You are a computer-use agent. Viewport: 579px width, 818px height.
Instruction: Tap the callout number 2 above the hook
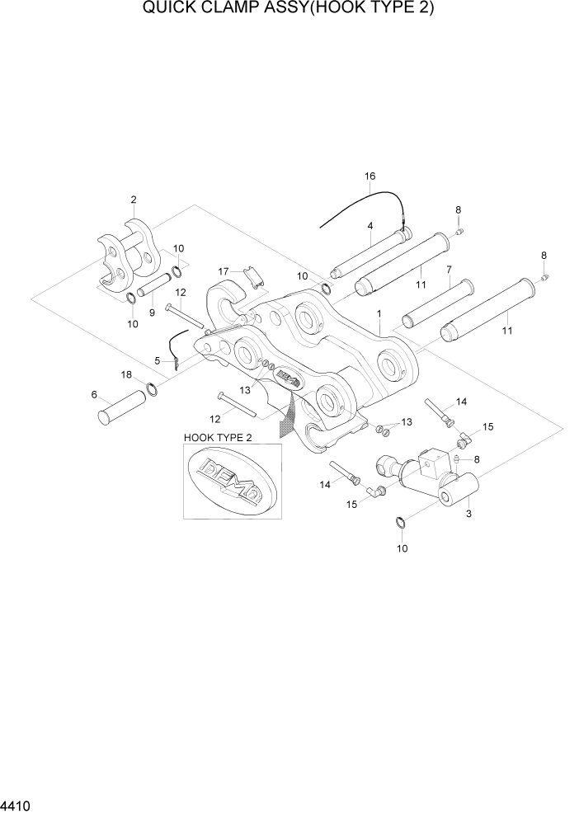pos(133,200)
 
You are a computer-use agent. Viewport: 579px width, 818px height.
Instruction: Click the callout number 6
pos(93,394)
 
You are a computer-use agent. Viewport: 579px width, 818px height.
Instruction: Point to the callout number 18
pos(126,374)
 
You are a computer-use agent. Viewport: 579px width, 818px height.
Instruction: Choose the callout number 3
pos(468,514)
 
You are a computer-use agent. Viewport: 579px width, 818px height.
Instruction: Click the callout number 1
pos(378,314)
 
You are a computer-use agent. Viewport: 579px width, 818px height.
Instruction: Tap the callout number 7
pos(448,269)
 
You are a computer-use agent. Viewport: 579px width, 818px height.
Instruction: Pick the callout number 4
pos(370,225)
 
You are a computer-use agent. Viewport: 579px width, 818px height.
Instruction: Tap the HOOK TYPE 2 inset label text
pos(219,438)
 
